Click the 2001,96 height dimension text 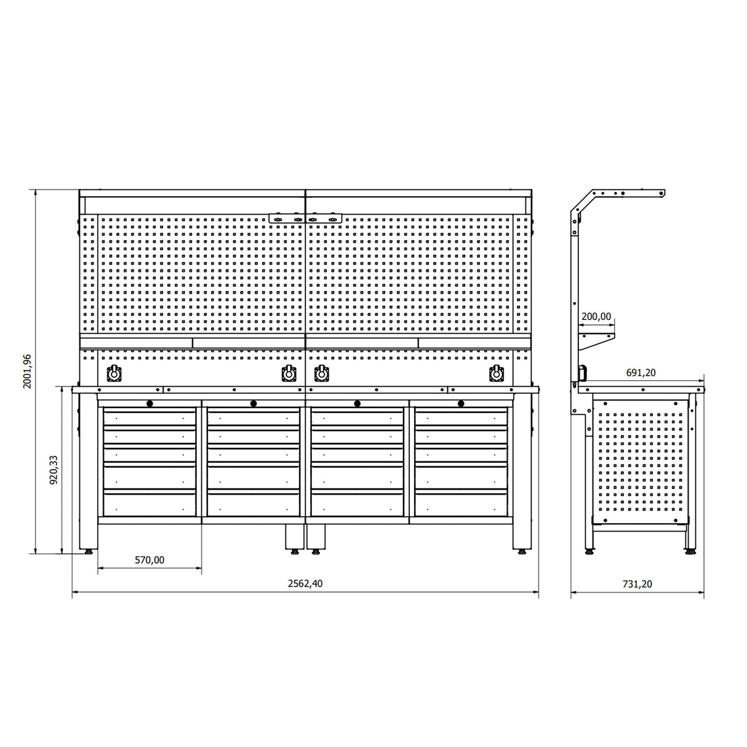click(x=26, y=372)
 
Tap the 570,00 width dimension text click(x=150, y=560)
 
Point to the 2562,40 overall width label click(x=305, y=584)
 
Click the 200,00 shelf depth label click(x=596, y=317)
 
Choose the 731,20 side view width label click(x=637, y=585)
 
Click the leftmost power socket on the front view click(x=113, y=373)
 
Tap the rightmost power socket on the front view click(x=495, y=373)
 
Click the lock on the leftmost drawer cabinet click(x=149, y=404)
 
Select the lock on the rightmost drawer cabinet click(x=460, y=404)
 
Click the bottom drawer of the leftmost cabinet click(x=150, y=505)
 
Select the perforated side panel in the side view click(x=640, y=461)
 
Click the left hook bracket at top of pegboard click(x=286, y=218)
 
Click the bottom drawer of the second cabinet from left click(x=253, y=505)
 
